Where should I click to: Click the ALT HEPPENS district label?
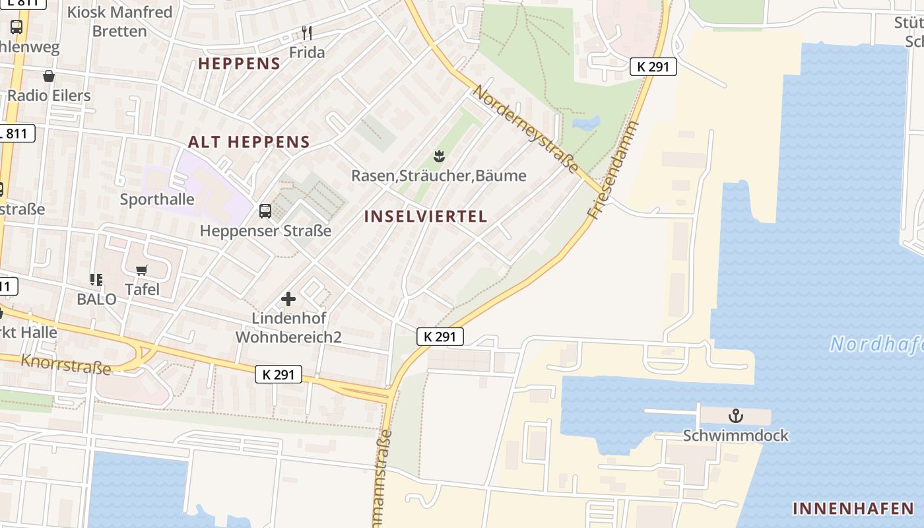(249, 142)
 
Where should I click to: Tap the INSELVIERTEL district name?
(426, 216)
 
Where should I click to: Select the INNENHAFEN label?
(853, 508)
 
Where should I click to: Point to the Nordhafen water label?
(876, 344)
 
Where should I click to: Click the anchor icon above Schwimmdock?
(735, 416)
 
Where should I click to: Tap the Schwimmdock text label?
(735, 436)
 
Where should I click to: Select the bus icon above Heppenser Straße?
(265, 211)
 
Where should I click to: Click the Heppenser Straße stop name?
(265, 231)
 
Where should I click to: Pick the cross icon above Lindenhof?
(288, 299)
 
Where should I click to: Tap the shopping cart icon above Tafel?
(142, 270)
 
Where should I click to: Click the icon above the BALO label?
(96, 280)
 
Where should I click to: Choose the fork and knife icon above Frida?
(306, 32)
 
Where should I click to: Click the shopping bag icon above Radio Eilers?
(48, 76)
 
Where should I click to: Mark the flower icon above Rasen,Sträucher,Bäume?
(438, 156)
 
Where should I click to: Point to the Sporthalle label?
(157, 199)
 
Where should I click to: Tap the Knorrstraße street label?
(66, 363)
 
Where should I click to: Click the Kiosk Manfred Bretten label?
(119, 21)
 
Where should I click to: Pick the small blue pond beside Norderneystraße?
(586, 123)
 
